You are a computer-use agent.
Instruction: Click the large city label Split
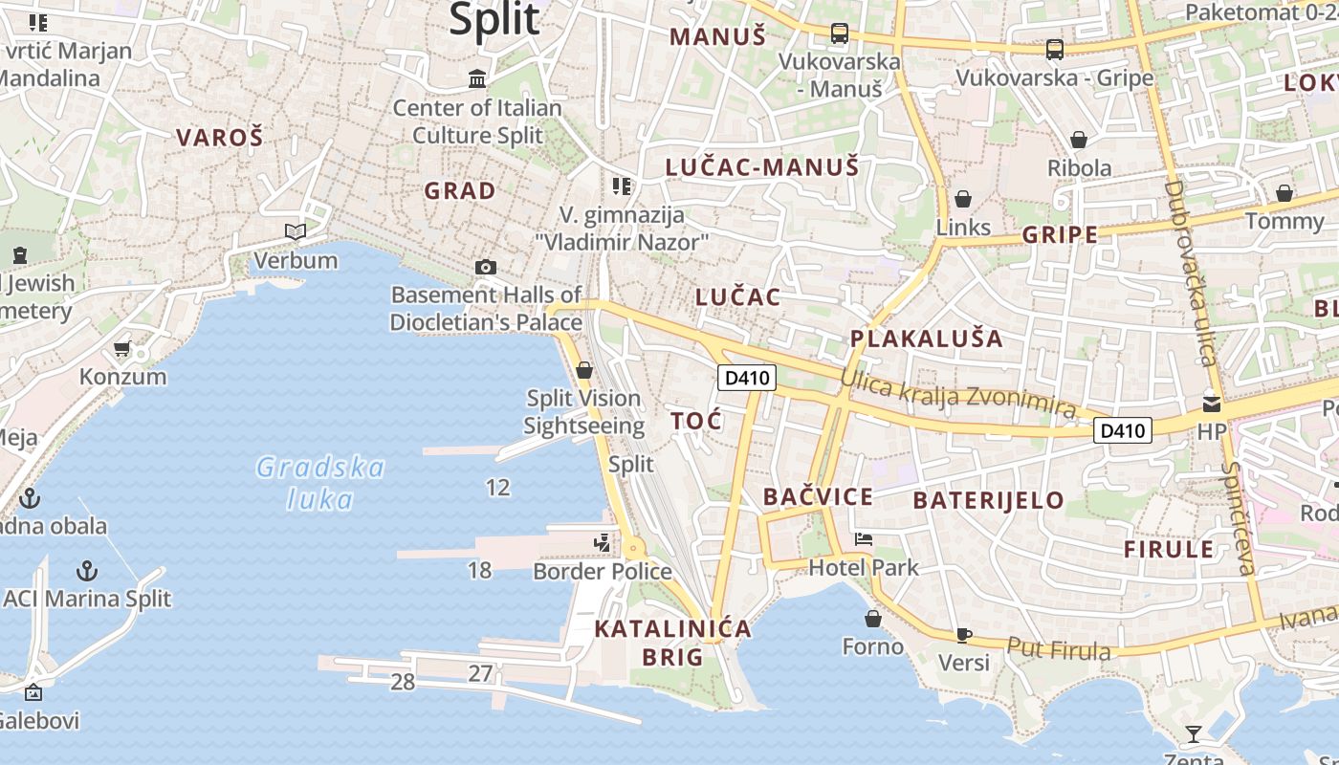tap(494, 19)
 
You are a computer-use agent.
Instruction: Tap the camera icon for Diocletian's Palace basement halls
tap(486, 267)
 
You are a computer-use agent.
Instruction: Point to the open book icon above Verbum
tap(296, 231)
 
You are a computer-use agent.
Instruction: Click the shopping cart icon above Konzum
tap(121, 349)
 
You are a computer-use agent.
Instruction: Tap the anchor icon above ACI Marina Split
tap(87, 571)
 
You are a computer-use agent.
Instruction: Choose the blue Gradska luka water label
tap(320, 483)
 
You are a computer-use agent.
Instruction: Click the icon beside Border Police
tap(602, 543)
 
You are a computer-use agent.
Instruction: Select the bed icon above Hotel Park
tap(864, 539)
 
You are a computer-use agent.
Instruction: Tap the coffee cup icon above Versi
tap(964, 635)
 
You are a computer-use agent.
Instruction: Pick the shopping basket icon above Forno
tap(872, 619)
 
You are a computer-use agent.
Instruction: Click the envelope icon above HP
tap(1212, 404)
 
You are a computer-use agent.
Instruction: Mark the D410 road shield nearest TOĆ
tap(747, 378)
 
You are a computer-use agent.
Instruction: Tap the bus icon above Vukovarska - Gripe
tap(1055, 49)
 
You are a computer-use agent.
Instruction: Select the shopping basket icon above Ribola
tap(1079, 140)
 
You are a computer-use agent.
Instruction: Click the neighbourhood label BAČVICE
tap(818, 497)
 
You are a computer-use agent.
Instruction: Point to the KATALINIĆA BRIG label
tap(672, 643)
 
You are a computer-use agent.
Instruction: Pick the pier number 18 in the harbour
tap(479, 571)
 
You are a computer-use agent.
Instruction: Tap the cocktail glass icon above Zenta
tap(1193, 734)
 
